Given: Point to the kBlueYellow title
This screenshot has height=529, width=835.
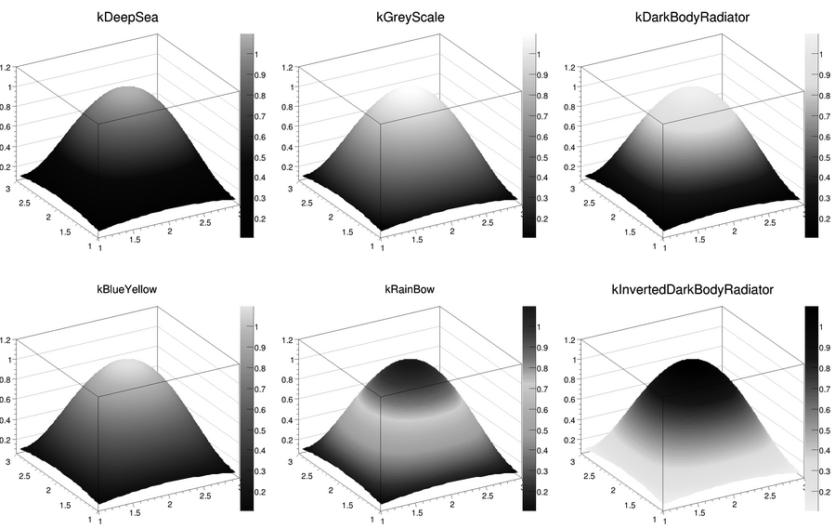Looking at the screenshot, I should [x=127, y=289].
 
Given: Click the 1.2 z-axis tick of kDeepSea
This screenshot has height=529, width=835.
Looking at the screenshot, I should [x=7, y=67].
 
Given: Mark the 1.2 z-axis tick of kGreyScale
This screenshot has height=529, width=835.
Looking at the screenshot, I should [x=289, y=67].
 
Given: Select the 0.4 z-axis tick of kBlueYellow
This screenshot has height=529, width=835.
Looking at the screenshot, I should [x=7, y=419].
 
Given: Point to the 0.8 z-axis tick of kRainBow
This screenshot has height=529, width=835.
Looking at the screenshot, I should [x=289, y=379].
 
